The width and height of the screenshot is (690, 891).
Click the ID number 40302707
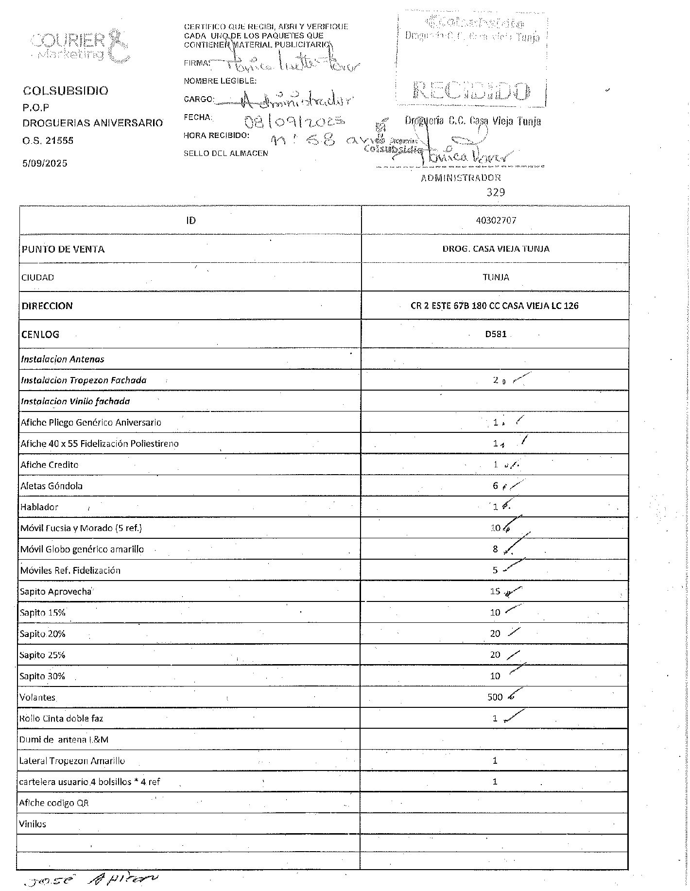coord(496,220)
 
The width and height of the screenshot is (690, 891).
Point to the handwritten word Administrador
coord(296,101)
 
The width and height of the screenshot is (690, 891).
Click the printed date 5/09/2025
coord(45,163)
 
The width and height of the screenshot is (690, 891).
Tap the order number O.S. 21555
coord(48,140)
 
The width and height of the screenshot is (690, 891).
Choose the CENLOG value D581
coord(496,334)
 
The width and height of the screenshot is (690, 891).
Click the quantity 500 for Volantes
coord(495,697)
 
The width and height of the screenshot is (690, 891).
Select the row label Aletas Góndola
coord(52,486)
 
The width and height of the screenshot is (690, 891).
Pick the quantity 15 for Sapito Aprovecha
coord(495,591)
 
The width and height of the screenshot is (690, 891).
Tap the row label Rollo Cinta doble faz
coord(61,718)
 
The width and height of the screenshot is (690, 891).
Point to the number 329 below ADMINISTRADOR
coord(496,192)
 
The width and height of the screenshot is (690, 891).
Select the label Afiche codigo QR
coord(54,803)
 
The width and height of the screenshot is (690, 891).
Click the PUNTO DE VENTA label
coord(63,249)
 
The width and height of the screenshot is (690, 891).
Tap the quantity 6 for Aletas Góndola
coord(495,486)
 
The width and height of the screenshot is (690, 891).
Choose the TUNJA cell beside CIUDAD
coord(496,277)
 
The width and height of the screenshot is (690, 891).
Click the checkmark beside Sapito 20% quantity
coord(514,632)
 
